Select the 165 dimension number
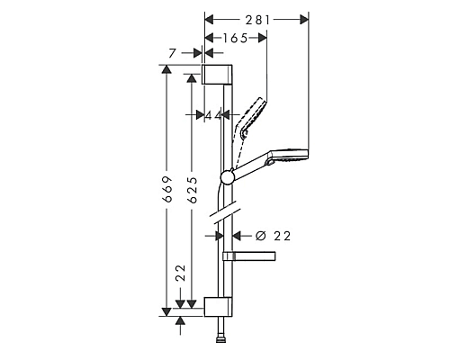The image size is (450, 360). [235, 39]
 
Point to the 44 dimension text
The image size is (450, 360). [212, 115]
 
